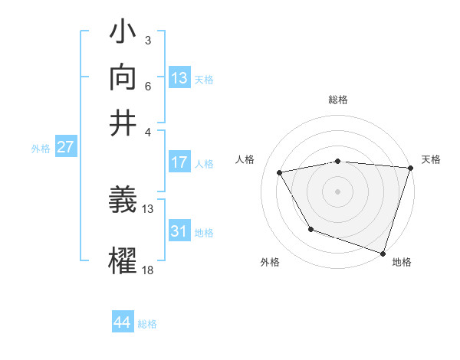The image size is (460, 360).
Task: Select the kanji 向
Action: (124, 77)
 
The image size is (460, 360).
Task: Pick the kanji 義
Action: (124, 201)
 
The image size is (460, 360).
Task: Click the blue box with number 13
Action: (179, 78)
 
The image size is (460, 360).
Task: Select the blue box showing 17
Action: (179, 162)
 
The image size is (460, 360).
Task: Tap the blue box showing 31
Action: (179, 231)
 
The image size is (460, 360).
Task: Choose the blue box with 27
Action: (65, 147)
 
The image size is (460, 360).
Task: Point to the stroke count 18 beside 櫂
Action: (148, 270)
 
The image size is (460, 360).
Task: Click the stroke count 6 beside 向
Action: (147, 87)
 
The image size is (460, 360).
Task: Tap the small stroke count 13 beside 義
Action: (148, 208)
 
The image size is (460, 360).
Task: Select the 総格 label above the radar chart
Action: (337, 100)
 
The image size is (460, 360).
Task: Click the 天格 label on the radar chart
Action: (431, 159)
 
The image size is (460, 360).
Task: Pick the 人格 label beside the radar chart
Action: (245, 159)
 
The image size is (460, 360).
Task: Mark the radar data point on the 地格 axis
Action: (383, 252)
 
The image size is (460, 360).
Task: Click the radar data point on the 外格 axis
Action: (310, 229)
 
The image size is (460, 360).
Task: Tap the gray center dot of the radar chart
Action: (337, 191)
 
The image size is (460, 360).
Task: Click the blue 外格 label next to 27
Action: (40, 149)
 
